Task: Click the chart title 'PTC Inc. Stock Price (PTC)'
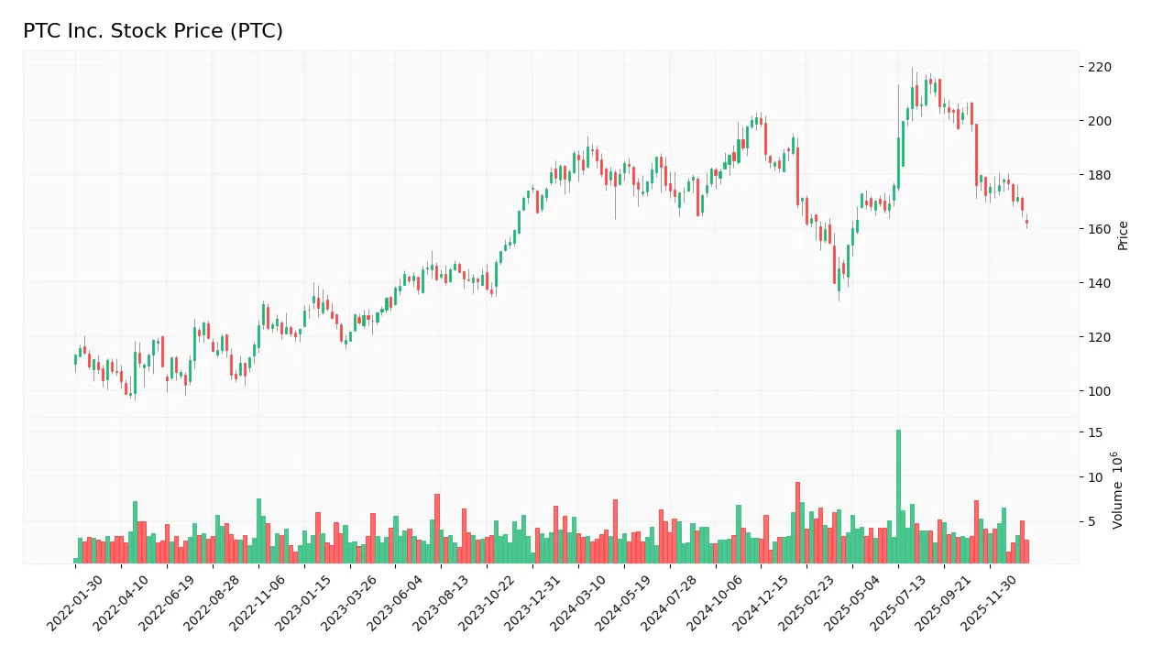pos(153,31)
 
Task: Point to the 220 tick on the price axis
pos(1098,67)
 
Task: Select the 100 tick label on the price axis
pos(1098,391)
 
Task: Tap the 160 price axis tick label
pos(1098,229)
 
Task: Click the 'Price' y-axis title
pos(1123,235)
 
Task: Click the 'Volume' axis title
pos(1118,490)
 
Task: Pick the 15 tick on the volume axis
pos(1095,432)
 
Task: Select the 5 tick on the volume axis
pos(1092,522)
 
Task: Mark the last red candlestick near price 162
pos(1026,222)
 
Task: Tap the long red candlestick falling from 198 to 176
pos(976,155)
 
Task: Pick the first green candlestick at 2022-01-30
pos(75,360)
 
